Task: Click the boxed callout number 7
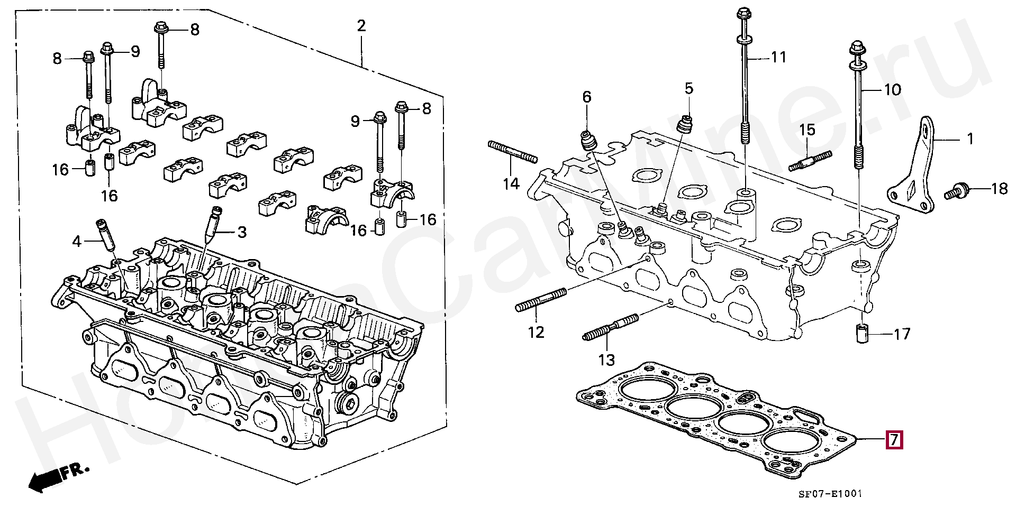pos(894,440)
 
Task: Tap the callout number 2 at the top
pos(361,26)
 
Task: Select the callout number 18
pos(999,188)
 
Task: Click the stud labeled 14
pos(512,151)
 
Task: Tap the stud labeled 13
pos(611,328)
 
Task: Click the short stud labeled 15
pos(810,160)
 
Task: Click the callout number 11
pos(778,57)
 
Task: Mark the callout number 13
pos(606,360)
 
